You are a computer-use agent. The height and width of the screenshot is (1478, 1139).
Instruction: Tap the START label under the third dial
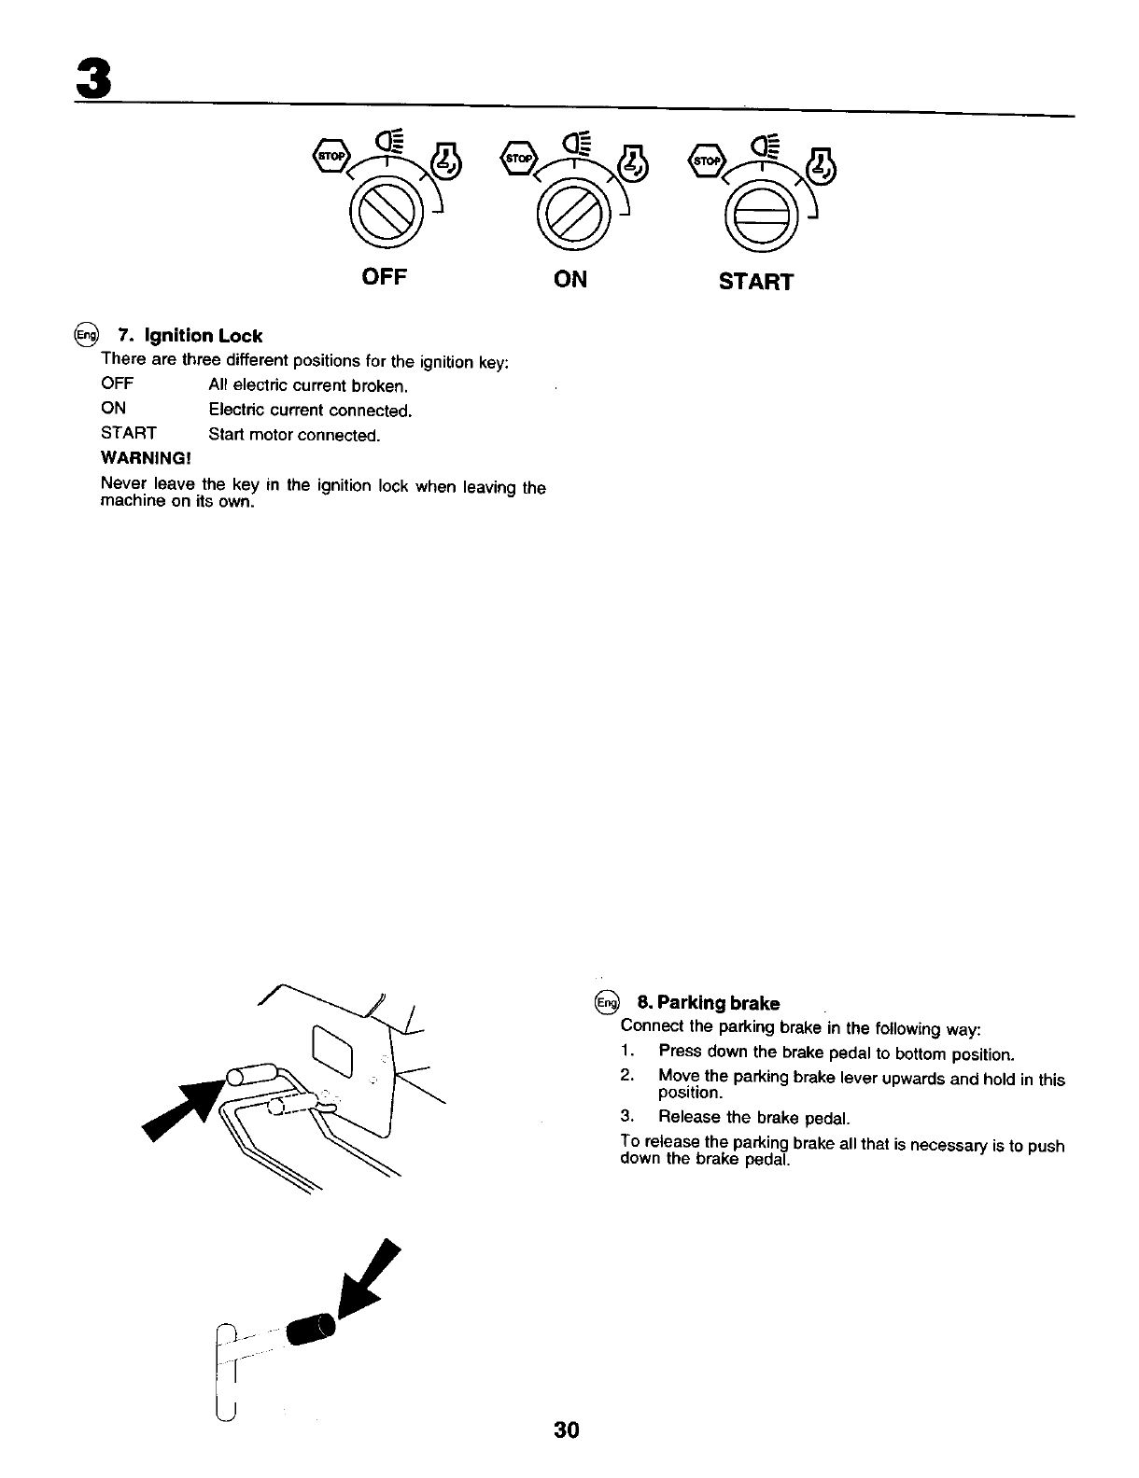coord(756,281)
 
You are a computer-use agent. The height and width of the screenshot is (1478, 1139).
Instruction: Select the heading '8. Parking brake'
coord(708,1003)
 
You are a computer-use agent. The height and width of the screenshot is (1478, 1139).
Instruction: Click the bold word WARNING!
coord(146,459)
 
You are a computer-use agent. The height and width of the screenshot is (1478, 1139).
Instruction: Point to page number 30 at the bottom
coord(566,1429)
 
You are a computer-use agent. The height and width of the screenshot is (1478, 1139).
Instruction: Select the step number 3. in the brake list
coord(627,1117)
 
